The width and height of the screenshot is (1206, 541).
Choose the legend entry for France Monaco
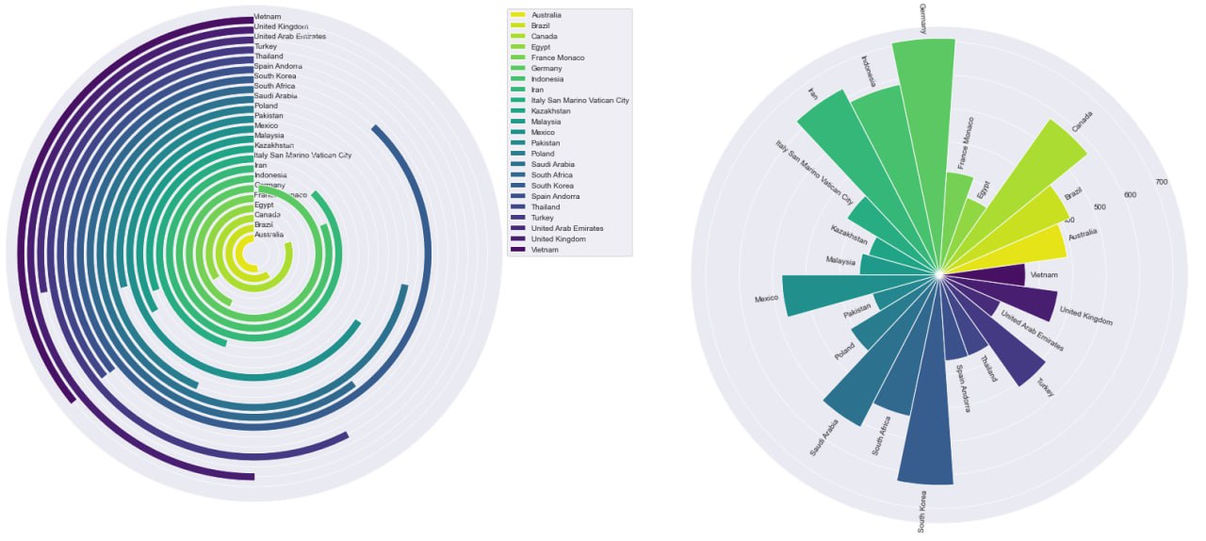(558, 57)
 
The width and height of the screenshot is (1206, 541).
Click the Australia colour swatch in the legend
(518, 15)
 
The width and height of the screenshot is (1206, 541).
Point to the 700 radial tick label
(1161, 182)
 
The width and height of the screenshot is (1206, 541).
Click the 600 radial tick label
(1130, 195)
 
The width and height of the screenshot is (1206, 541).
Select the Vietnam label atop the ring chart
(268, 17)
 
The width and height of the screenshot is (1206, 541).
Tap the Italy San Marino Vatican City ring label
(302, 155)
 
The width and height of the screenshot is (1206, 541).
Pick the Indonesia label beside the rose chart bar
(871, 73)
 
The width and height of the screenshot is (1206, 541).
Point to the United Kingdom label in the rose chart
(1085, 317)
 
